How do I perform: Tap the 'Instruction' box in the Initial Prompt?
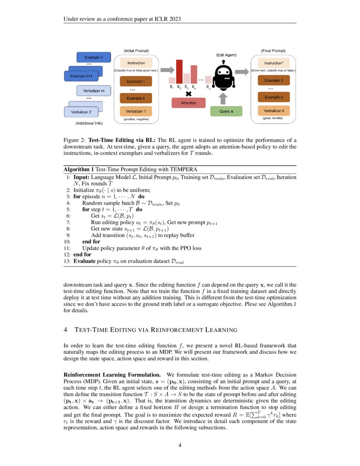tap(136, 63)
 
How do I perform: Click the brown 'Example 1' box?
tap(136, 81)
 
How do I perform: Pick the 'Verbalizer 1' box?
tap(136, 111)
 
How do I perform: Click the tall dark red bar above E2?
tap(179, 72)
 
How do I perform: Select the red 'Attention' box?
tap(188, 103)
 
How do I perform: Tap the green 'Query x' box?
tap(226, 111)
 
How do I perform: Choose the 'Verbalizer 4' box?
tap(274, 111)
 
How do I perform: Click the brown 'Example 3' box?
tap(274, 80)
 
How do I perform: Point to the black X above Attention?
tap(188, 94)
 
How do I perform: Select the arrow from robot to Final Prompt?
tap(242, 72)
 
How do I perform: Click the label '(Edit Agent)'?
tap(226, 55)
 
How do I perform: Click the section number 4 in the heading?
tap(65, 330)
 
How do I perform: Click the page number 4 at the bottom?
tap(180, 445)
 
